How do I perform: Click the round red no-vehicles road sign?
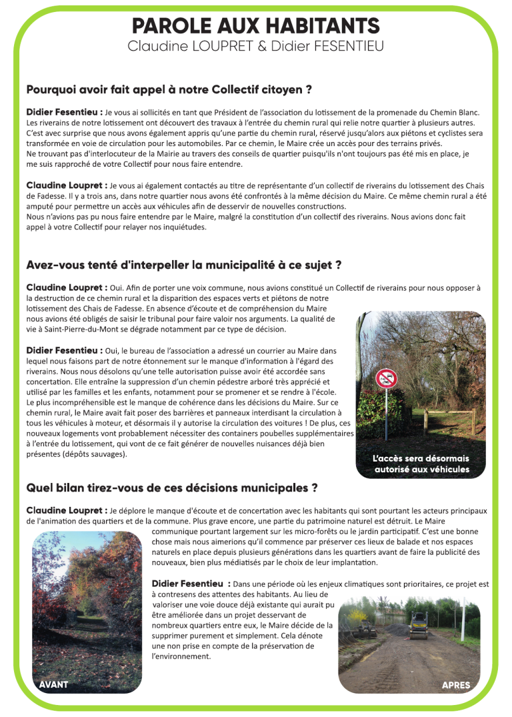(385, 378)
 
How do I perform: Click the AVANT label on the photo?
(53, 685)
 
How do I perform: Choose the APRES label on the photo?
(455, 685)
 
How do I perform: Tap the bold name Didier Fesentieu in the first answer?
(64, 112)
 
